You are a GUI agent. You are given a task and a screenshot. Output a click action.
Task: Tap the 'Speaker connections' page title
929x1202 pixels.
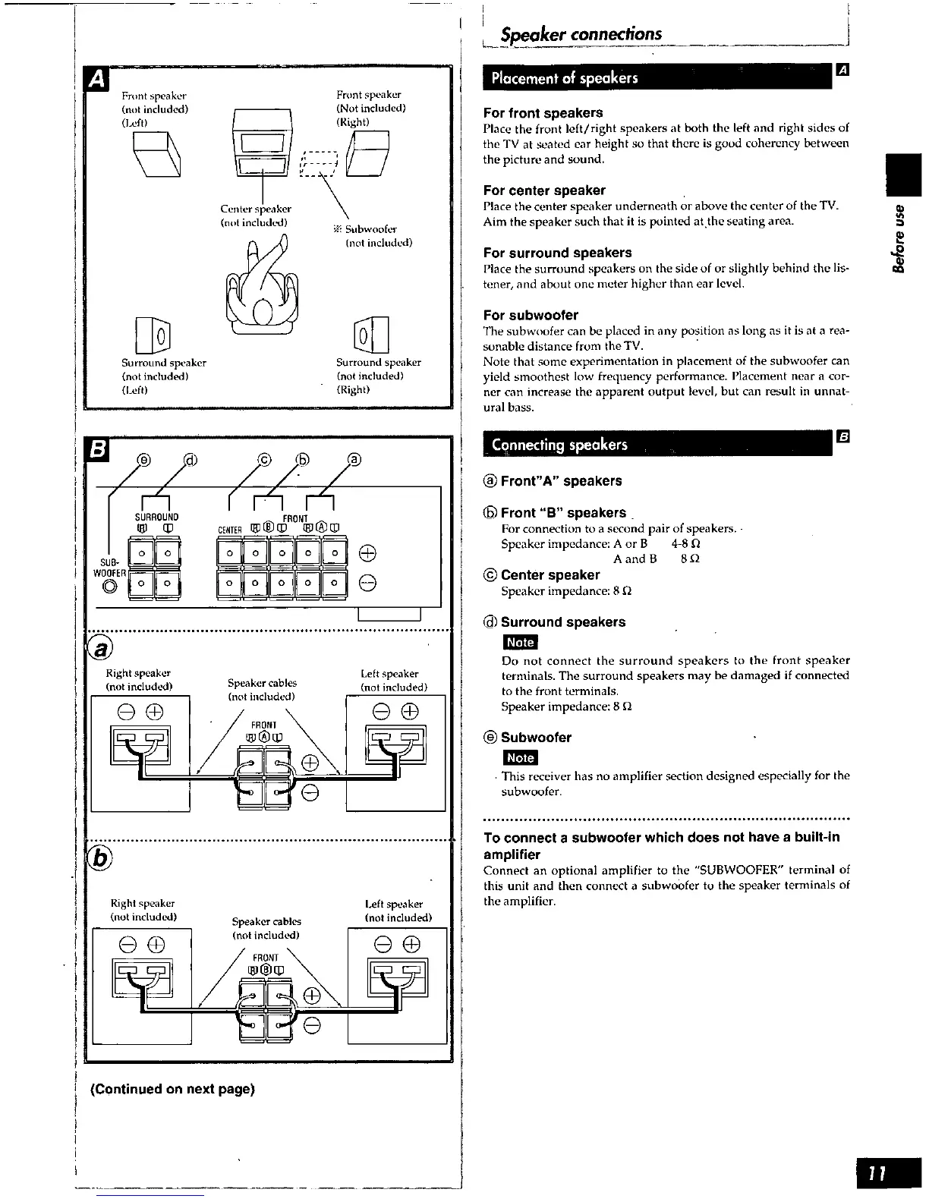click(x=581, y=34)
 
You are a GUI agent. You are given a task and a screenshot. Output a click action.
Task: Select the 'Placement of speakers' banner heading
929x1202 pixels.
click(x=565, y=78)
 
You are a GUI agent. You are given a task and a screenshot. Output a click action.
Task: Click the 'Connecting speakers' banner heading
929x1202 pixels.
click(x=559, y=445)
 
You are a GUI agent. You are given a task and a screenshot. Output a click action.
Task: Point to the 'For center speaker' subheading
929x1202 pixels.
click(x=544, y=190)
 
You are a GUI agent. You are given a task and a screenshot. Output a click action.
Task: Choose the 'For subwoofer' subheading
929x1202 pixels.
click(x=531, y=315)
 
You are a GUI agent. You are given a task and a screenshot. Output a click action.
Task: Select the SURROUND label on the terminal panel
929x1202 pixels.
click(x=157, y=517)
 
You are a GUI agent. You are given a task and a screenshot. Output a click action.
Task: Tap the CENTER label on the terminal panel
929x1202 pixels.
click(x=229, y=530)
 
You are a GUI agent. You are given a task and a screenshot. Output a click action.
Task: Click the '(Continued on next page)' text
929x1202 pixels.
click(x=172, y=1089)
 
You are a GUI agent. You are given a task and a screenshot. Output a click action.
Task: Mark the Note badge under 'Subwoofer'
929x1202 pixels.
click(x=520, y=757)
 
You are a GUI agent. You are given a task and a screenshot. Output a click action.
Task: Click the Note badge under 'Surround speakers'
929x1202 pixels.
click(x=520, y=642)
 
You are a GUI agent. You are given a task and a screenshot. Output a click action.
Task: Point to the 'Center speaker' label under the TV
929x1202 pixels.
click(x=255, y=209)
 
